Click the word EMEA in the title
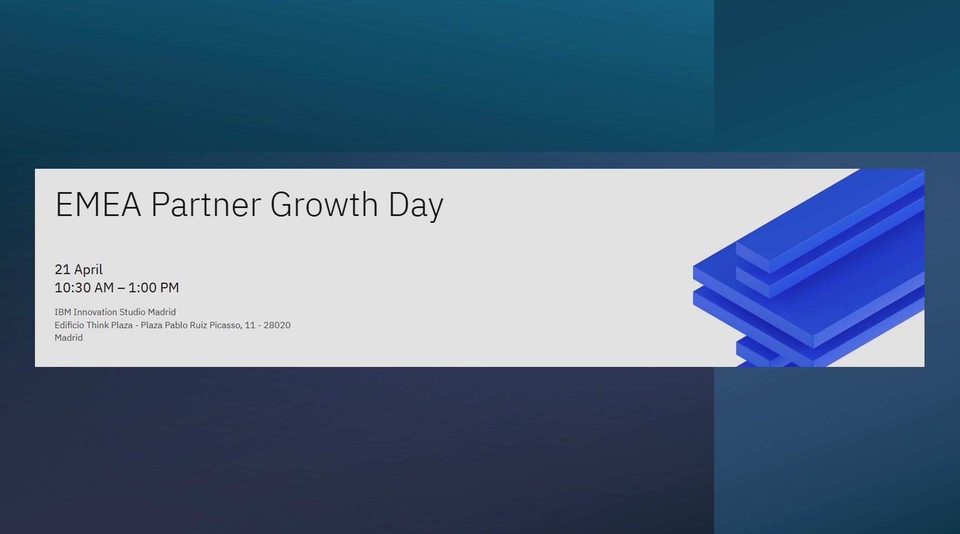coord(98,204)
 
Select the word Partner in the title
coord(206,204)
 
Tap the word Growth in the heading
coord(324,204)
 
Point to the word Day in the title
coord(416,206)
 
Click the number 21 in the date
coord(62,270)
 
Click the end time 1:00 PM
coord(154,288)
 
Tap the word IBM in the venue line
coord(63,312)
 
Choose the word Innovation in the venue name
coord(95,312)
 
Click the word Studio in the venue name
coord(132,312)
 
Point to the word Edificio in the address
coord(69,325)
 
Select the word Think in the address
coord(98,325)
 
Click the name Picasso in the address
coord(226,325)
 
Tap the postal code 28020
coord(277,325)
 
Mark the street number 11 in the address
coord(249,325)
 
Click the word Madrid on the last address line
coord(69,337)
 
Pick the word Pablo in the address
coord(176,325)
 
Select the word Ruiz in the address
coord(198,325)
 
